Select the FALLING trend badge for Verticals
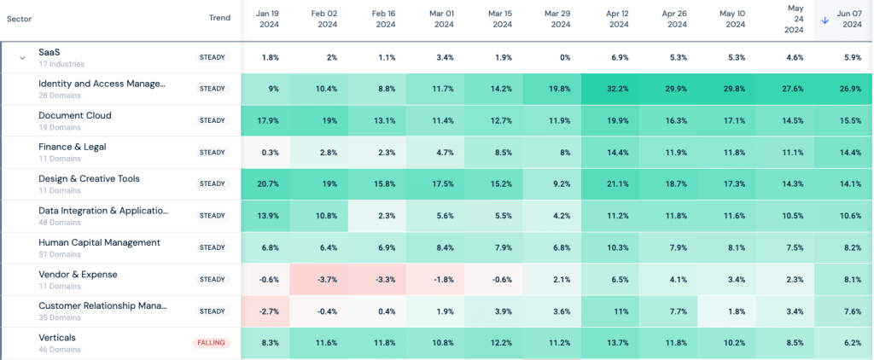(211, 343)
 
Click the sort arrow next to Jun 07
(824, 20)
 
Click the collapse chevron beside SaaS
(23, 58)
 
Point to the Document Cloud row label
(75, 115)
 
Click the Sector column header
(20, 18)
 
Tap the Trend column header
(219, 18)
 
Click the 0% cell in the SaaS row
(560, 57)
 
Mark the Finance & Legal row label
(73, 147)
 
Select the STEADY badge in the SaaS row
(212, 57)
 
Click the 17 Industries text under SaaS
(62, 64)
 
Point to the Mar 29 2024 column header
(560, 20)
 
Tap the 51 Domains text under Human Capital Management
(60, 254)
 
